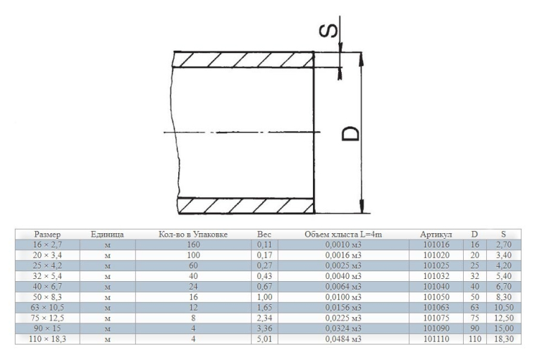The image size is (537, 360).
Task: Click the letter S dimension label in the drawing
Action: pyautogui.click(x=328, y=30)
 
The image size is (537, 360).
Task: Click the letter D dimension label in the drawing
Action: pyautogui.click(x=351, y=133)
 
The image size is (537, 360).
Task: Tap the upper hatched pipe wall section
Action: pyautogui.click(x=244, y=60)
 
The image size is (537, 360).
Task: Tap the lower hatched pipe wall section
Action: pyautogui.click(x=246, y=206)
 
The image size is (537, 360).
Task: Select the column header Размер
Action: pyautogui.click(x=47, y=235)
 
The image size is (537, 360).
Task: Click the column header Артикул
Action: pyautogui.click(x=436, y=235)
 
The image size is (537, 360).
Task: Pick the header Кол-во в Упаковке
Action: pyautogui.click(x=193, y=235)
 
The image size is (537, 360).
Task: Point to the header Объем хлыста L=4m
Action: pyautogui.click(x=343, y=235)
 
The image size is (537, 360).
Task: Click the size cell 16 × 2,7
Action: pyautogui.click(x=47, y=244)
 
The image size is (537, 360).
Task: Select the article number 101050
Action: pyautogui.click(x=436, y=297)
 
